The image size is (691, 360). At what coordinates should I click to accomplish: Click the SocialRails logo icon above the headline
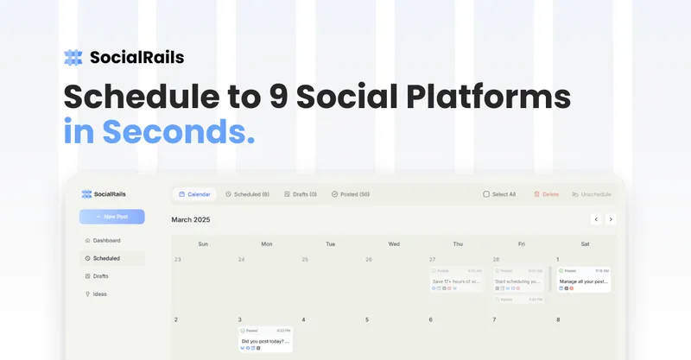click(73, 58)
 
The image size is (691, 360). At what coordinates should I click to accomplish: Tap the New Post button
click(111, 217)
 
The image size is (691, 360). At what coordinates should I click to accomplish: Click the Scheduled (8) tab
click(247, 194)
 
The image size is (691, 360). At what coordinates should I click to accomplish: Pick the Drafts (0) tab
click(301, 194)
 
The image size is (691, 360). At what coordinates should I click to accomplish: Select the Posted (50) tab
click(351, 194)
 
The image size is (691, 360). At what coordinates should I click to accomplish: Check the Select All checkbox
click(486, 194)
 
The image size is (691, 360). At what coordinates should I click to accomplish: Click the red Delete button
click(546, 194)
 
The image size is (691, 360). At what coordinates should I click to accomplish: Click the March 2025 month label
click(190, 219)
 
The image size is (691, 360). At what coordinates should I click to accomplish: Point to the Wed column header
click(394, 243)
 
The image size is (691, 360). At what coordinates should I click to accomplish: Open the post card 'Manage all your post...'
click(584, 280)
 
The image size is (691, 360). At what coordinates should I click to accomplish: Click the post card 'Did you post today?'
click(265, 339)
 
